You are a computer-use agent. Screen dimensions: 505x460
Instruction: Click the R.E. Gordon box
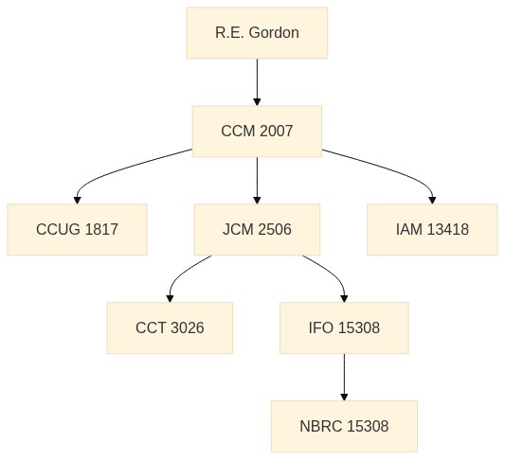[x=257, y=33]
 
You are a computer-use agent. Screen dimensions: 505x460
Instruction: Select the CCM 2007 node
[x=257, y=132]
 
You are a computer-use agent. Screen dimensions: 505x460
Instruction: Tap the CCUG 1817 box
[x=78, y=230]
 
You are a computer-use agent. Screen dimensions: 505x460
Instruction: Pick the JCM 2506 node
[x=257, y=230]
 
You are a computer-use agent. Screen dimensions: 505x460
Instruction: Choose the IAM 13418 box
[x=432, y=230]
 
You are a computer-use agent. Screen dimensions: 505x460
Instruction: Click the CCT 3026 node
[x=170, y=328]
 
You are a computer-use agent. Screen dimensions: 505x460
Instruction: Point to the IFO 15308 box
[x=344, y=328]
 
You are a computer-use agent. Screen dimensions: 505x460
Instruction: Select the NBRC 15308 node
[x=344, y=427]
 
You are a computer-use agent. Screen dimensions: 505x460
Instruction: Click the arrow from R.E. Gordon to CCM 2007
[x=257, y=82]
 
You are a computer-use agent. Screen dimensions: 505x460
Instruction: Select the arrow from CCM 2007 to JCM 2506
[x=257, y=181]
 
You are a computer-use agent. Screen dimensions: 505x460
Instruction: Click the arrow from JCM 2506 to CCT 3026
[x=180, y=274]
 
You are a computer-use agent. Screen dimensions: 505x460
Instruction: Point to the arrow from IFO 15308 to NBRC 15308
[x=344, y=378]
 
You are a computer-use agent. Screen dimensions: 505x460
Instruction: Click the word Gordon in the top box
[x=274, y=33]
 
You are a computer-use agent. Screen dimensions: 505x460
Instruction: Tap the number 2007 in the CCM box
[x=276, y=132]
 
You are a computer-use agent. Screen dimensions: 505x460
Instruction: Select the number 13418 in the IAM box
[x=448, y=230]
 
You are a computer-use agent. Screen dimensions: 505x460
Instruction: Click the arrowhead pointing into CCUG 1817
[x=78, y=200]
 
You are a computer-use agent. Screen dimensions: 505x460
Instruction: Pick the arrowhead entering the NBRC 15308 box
[x=344, y=397]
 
